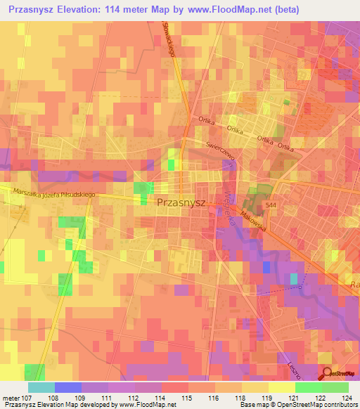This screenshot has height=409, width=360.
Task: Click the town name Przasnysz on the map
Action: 181,202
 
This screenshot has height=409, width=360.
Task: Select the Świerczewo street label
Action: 219,148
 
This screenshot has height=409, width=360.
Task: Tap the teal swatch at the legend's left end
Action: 41,387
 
